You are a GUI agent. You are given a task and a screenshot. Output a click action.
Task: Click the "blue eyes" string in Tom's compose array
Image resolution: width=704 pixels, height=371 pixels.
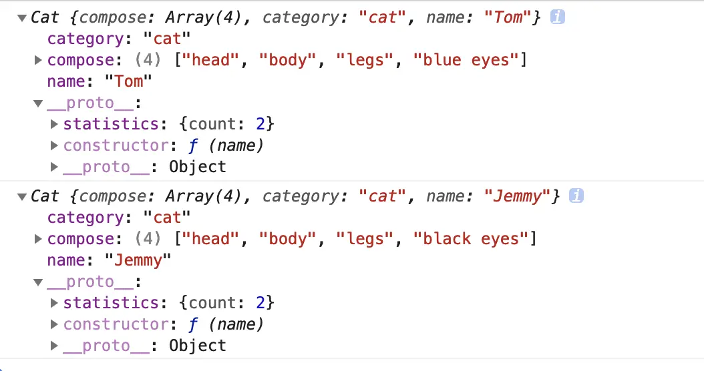click(466, 60)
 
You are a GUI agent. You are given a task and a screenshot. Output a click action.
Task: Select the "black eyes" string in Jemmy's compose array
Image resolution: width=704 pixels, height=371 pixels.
click(472, 239)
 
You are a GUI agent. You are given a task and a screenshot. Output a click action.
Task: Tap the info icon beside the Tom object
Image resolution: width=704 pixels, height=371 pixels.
click(558, 17)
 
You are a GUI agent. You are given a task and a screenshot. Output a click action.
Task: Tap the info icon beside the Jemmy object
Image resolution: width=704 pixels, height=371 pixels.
click(576, 196)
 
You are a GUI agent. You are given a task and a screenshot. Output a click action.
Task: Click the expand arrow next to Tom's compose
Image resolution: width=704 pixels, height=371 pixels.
click(39, 60)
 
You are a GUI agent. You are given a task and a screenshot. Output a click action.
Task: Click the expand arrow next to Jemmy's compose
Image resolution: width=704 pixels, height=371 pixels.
click(39, 239)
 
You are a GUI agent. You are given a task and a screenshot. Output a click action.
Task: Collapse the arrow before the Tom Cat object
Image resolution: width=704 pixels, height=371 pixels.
click(23, 18)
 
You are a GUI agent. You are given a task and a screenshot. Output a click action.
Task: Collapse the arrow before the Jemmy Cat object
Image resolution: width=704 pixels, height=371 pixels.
click(23, 197)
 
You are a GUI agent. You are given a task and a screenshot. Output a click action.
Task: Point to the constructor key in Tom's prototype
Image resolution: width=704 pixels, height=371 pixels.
click(115, 145)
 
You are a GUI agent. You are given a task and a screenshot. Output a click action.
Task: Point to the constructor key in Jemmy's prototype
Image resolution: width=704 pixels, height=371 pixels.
click(115, 324)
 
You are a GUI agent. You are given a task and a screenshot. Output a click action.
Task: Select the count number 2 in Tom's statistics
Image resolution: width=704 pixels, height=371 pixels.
click(261, 124)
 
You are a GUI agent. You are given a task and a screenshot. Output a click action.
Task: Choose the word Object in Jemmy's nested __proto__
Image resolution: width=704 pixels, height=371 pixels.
click(198, 346)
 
